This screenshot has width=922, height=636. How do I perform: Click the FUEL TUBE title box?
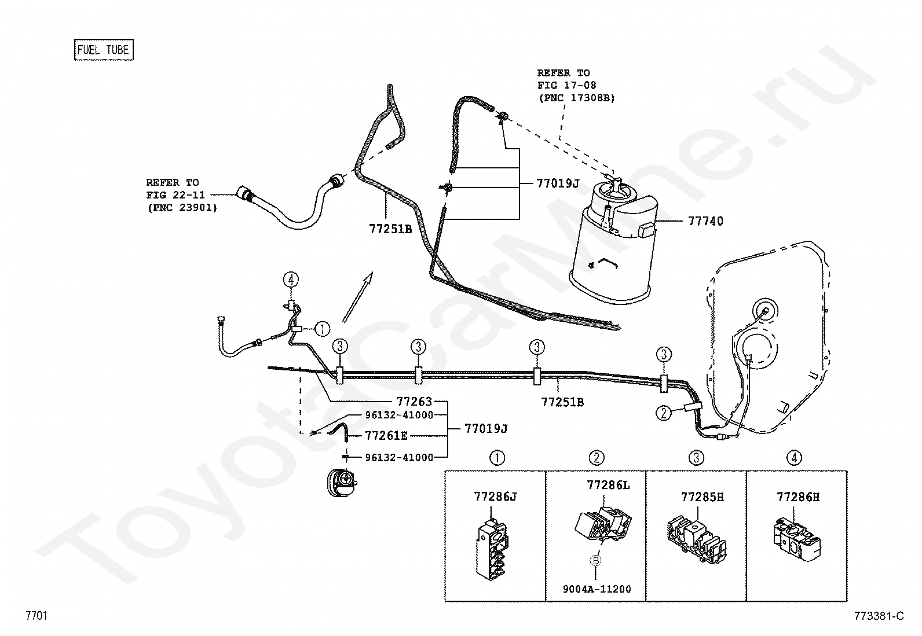tap(104, 50)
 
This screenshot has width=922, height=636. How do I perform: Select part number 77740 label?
tap(705, 221)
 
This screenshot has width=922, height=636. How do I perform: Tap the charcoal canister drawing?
tap(613, 242)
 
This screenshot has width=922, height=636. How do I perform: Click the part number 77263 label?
tap(414, 401)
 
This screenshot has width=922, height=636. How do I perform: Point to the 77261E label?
tap(386, 436)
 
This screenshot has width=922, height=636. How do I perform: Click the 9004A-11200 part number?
tap(597, 589)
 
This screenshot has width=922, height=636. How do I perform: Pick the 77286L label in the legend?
tap(608, 486)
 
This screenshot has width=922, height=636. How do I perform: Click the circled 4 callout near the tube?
tap(291, 280)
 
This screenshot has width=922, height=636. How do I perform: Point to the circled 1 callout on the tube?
tap(322, 329)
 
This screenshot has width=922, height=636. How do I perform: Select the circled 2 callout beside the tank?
tap(664, 413)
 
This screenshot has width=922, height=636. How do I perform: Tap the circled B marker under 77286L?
tap(595, 560)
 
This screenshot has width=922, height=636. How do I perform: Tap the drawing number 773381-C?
tap(879, 616)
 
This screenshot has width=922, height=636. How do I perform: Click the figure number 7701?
tap(36, 615)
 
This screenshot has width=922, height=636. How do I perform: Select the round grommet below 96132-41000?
tap(342, 481)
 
